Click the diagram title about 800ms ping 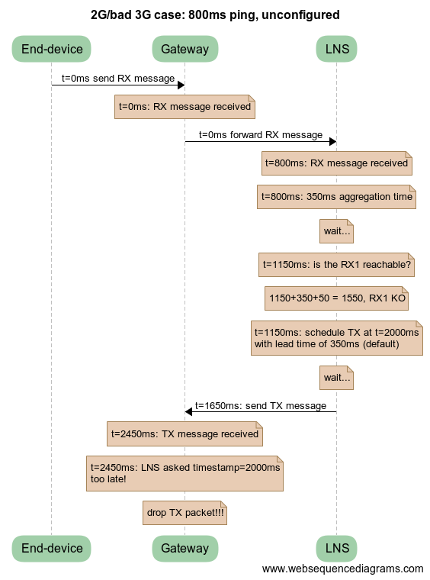[215, 14]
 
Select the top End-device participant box [52, 50]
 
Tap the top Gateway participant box [185, 50]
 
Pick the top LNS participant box [336, 50]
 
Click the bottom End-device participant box [52, 548]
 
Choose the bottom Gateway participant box [185, 548]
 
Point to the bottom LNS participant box [336, 548]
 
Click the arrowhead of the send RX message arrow [181, 85]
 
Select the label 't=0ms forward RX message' [261, 135]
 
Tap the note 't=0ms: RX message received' [185, 107]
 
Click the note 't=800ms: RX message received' [336, 163]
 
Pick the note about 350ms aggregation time [336, 197]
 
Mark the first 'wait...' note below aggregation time [336, 231]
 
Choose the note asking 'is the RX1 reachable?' [336, 265]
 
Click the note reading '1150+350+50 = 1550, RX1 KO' [336, 299]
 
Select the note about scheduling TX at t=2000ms [336, 338]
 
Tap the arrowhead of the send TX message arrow [188, 411]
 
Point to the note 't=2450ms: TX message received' [185, 434]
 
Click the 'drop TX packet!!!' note [185, 514]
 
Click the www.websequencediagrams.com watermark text [342, 569]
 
